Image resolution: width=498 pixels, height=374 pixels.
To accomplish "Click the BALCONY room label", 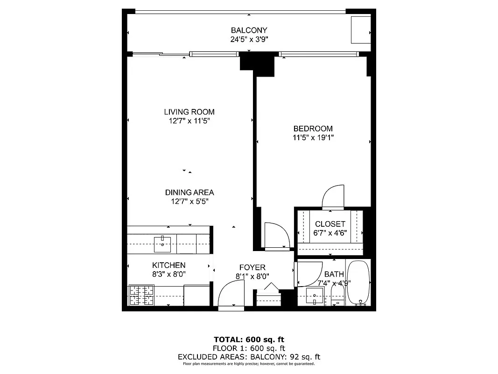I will click(x=249, y=30).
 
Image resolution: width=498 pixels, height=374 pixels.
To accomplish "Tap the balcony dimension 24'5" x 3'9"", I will click(x=249, y=39).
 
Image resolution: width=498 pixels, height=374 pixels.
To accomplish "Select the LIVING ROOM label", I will click(x=189, y=112).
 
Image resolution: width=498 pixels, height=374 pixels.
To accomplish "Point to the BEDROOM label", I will click(x=313, y=129).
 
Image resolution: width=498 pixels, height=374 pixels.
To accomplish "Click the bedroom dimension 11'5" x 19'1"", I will click(x=313, y=137).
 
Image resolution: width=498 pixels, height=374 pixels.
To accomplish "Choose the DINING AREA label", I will click(x=189, y=192).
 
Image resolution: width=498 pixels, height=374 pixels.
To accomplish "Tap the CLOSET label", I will click(x=330, y=224).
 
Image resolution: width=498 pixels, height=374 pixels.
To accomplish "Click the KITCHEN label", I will click(x=168, y=265).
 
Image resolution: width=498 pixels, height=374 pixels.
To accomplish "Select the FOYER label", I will click(x=252, y=267).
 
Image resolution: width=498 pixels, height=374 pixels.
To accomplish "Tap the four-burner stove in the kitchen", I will click(x=142, y=295).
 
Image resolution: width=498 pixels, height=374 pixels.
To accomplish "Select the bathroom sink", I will click(x=315, y=296).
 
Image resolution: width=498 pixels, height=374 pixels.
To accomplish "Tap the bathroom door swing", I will click(x=307, y=274).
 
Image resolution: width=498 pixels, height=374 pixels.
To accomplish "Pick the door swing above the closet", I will click(x=333, y=196).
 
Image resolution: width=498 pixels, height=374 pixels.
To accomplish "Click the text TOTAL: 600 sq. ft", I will click(x=249, y=339).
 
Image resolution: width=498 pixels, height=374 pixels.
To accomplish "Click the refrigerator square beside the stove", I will click(x=196, y=295).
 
